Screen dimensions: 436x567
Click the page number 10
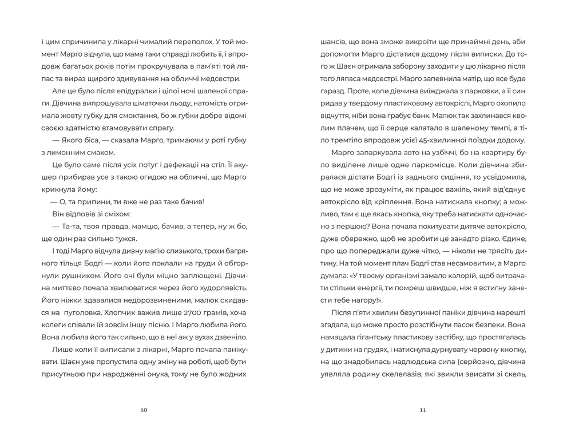tap(144, 410)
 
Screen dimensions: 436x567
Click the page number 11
tap(423, 410)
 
